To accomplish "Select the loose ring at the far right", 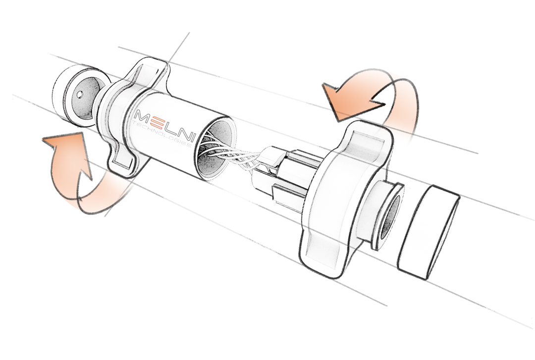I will (429, 231).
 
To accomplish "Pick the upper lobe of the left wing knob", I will (148, 71).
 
